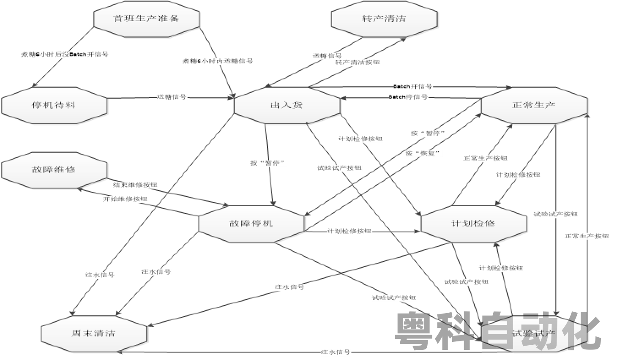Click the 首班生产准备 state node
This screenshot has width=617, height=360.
click(x=146, y=19)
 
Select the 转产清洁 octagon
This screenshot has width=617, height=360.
click(x=384, y=19)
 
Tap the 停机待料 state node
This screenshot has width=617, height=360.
click(x=54, y=105)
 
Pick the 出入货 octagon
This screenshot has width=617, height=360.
click(x=287, y=105)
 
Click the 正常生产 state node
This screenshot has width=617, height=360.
click(x=534, y=105)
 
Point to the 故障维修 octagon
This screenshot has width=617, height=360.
click(x=54, y=170)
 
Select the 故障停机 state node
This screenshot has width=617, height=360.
click(x=251, y=224)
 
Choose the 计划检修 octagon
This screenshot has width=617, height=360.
click(x=474, y=224)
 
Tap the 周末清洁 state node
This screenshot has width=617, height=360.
click(x=94, y=333)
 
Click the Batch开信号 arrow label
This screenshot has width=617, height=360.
click(x=413, y=87)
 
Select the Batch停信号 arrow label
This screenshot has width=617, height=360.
click(x=408, y=97)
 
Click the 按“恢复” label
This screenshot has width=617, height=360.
click(x=423, y=153)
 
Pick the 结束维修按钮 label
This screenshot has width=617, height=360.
click(x=135, y=185)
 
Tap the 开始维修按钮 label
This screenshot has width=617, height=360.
click(x=126, y=199)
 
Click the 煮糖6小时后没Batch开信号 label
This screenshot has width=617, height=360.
click(x=65, y=55)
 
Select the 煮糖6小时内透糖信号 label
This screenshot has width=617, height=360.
click(x=218, y=61)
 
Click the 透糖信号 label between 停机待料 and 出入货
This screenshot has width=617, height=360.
click(x=172, y=97)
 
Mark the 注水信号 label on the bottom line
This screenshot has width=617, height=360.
click(x=336, y=352)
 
